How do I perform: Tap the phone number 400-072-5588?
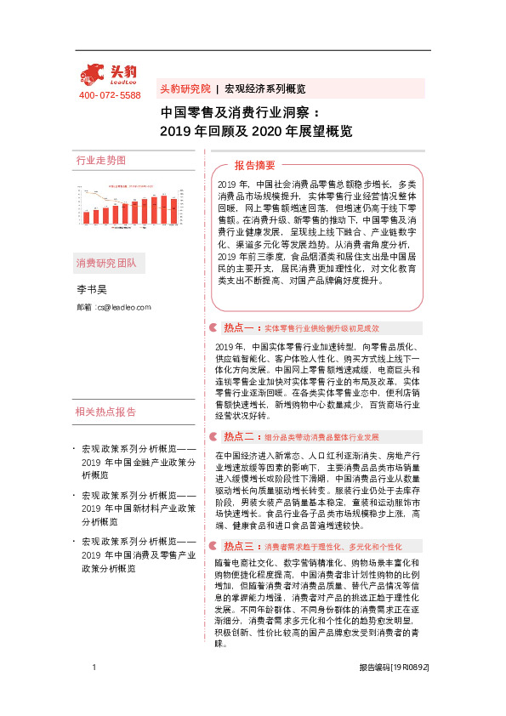(109, 95)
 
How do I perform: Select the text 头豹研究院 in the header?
(185, 88)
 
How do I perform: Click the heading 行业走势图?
(100, 160)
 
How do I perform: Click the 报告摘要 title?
(255, 165)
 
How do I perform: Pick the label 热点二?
(239, 436)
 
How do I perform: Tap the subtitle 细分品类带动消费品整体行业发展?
(327, 437)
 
